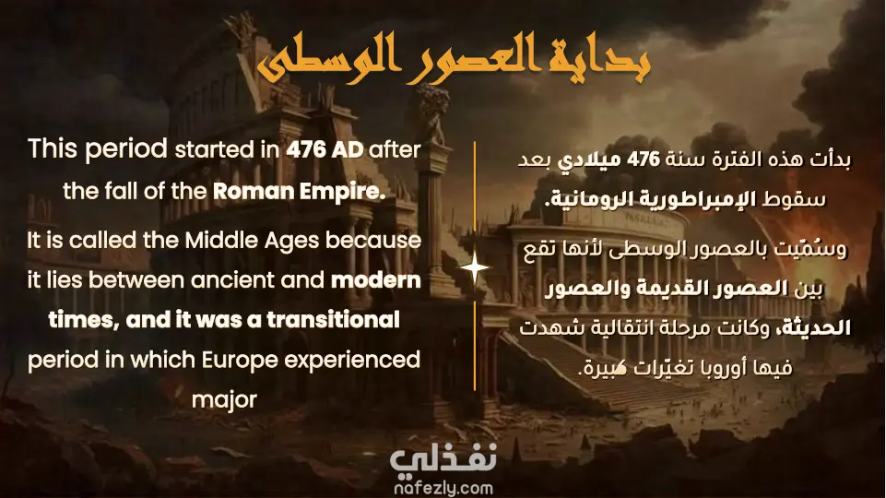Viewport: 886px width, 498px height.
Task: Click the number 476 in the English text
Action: (305, 149)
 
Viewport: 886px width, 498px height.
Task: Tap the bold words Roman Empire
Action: (299, 191)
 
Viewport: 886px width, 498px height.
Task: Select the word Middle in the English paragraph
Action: (220, 240)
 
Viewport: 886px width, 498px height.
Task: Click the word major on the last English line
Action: (224, 399)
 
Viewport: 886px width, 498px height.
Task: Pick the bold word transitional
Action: (334, 320)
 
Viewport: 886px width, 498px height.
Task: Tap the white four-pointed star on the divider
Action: (475, 268)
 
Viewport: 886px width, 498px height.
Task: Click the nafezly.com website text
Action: (443, 488)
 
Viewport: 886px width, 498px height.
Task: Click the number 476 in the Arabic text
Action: (644, 160)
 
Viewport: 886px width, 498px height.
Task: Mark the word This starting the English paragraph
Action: (53, 149)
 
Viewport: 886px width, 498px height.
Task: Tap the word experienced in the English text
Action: (351, 360)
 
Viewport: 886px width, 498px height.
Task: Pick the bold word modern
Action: (376, 280)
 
